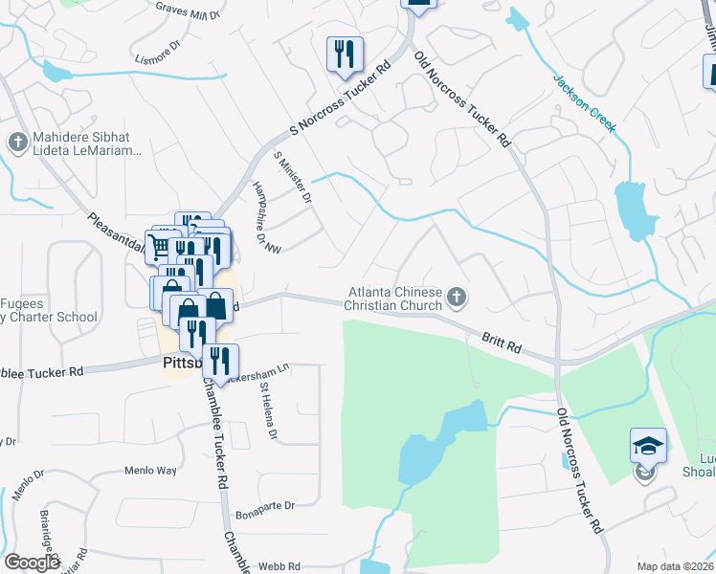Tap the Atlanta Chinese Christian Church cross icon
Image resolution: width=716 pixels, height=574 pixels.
point(457,298)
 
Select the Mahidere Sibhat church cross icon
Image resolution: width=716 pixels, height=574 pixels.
point(17,143)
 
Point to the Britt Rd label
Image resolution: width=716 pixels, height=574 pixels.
point(501,341)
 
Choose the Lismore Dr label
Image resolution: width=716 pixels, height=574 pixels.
point(159,53)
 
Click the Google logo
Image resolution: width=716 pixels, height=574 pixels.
point(32,563)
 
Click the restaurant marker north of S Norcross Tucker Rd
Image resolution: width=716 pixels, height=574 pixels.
point(344,55)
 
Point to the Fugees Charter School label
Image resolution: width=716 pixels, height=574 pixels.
point(48,309)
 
